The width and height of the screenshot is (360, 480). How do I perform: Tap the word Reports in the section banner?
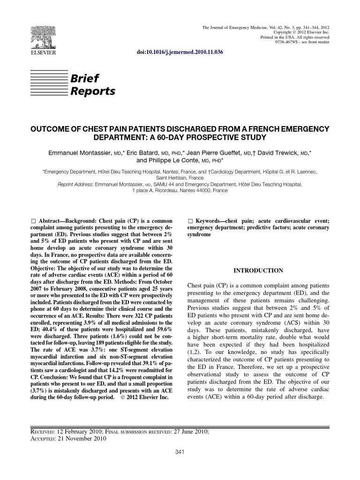click(92, 91)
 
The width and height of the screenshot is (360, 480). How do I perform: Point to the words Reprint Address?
click(75, 185)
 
